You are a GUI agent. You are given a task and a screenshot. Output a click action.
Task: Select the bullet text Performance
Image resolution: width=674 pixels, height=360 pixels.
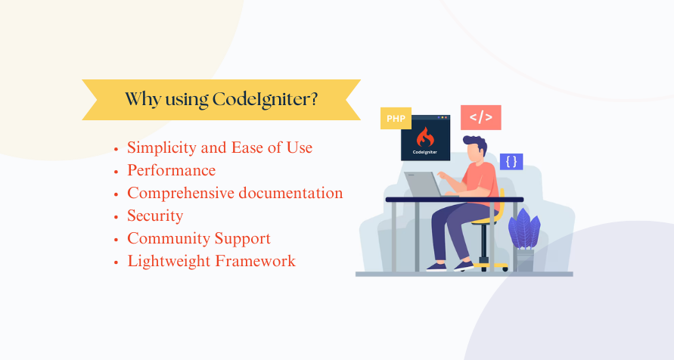click(172, 171)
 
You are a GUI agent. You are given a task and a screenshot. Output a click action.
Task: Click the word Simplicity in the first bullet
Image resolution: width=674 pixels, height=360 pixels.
click(162, 148)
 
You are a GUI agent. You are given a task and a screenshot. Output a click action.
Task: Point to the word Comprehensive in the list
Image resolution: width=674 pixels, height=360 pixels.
click(181, 194)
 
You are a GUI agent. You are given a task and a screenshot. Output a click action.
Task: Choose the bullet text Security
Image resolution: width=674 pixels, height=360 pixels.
click(155, 216)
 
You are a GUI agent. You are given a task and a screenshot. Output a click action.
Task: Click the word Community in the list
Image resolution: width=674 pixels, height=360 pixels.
click(169, 238)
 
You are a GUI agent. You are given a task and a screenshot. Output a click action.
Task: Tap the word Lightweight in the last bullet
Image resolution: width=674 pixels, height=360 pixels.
click(169, 262)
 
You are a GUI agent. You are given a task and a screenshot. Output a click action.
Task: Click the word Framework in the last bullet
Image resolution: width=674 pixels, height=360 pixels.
click(256, 261)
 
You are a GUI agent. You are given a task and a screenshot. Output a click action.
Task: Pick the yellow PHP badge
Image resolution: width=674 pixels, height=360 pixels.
click(396, 119)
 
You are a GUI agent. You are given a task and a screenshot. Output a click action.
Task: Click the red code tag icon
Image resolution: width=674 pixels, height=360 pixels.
click(481, 117)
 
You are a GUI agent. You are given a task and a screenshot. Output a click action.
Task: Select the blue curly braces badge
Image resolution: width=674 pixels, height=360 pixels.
click(511, 162)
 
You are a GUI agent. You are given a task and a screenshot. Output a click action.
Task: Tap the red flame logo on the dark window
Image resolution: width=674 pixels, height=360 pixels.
click(425, 137)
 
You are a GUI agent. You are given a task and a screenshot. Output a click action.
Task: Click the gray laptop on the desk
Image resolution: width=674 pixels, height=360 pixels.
click(424, 185)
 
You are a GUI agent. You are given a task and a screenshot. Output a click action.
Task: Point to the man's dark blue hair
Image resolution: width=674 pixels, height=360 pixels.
click(477, 144)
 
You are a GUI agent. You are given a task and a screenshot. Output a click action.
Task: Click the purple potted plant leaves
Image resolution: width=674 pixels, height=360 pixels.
click(524, 229)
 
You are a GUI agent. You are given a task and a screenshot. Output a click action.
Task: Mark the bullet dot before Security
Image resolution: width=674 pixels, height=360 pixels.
click(116, 217)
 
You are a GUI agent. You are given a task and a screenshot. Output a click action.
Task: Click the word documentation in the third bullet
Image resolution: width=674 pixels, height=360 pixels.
click(291, 194)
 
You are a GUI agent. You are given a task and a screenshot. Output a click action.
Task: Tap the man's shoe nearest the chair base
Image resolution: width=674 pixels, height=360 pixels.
click(464, 266)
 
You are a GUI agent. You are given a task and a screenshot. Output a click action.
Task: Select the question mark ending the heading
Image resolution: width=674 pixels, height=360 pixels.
click(313, 99)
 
